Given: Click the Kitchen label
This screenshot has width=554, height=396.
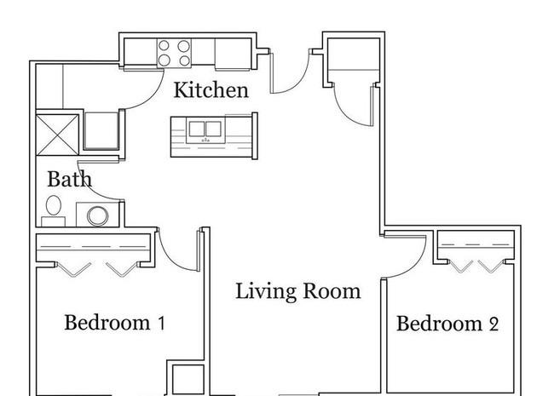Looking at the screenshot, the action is click(x=211, y=90).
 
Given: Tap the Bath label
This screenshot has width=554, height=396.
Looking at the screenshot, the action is click(x=70, y=179).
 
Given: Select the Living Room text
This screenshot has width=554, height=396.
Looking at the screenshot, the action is click(x=298, y=291).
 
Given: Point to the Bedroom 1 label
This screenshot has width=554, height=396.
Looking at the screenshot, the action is click(x=114, y=323).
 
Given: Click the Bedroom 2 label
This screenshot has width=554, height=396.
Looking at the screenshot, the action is click(x=447, y=324).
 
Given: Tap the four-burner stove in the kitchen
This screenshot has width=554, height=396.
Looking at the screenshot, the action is click(x=174, y=53).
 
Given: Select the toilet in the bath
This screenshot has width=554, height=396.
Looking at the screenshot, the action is click(x=54, y=210).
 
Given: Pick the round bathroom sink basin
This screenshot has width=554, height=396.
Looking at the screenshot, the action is click(x=98, y=215).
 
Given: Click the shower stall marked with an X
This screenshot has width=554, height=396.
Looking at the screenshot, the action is click(x=57, y=135).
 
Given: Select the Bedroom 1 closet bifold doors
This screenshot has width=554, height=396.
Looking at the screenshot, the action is click(x=97, y=269).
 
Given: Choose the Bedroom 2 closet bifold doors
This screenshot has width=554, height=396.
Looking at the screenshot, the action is click(x=477, y=266).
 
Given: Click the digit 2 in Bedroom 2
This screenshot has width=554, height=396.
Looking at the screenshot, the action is click(x=494, y=324).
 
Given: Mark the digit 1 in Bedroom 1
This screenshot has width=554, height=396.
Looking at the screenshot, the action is click(x=161, y=324).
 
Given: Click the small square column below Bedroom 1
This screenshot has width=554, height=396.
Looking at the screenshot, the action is click(x=188, y=380).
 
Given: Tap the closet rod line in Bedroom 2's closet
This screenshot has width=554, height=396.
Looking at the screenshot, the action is click(x=476, y=244).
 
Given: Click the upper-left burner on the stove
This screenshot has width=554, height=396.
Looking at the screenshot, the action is click(x=164, y=45).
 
